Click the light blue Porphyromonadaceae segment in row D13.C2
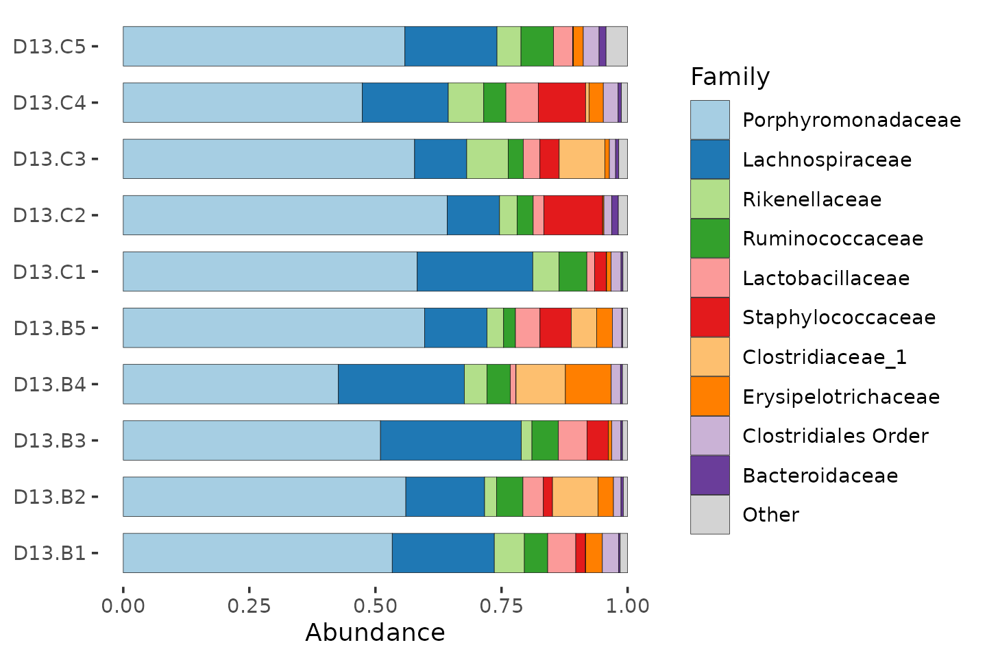[x=285, y=215]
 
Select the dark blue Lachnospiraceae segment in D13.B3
[x=451, y=440]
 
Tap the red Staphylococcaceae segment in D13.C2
[x=573, y=215]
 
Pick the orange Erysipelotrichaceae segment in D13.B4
[x=588, y=384]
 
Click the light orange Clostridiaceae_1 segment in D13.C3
[x=582, y=158]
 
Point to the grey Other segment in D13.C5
[x=617, y=47]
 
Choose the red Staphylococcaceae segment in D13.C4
[x=562, y=102]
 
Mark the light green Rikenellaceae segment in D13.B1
[x=509, y=552]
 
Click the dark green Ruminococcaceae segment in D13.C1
[x=573, y=271]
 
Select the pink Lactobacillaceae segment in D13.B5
[x=528, y=328]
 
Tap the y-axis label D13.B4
[x=49, y=385]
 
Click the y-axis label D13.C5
[x=49, y=47]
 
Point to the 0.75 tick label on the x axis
[x=502, y=606]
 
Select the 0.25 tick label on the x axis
[x=249, y=606]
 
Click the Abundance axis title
[x=375, y=633]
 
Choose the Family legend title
[x=730, y=77]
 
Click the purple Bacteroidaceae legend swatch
[x=710, y=475]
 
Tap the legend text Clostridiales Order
[x=836, y=436]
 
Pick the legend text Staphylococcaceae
[x=839, y=318]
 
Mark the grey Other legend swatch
[x=710, y=514]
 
